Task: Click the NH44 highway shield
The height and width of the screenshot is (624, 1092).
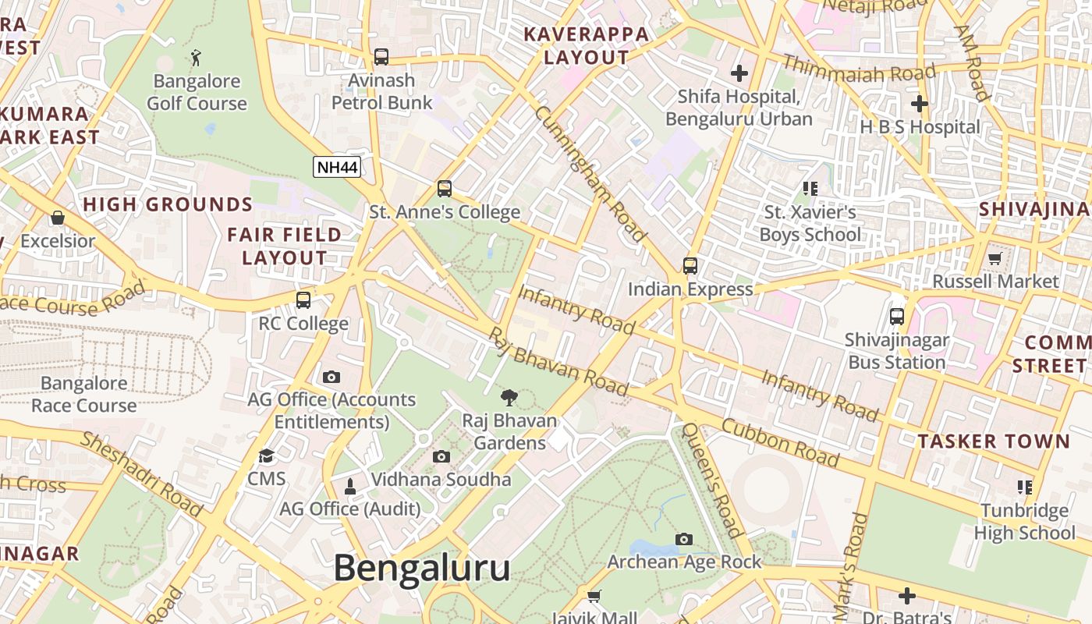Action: coord(337,166)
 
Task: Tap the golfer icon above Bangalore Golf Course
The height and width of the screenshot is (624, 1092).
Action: coord(196,57)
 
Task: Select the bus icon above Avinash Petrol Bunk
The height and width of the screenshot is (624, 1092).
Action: coord(381,56)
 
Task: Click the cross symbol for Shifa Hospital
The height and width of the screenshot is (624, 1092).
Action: coord(739,73)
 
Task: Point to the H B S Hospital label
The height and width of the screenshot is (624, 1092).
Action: coord(920,126)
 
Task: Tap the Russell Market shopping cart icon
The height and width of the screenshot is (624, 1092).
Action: coord(994,258)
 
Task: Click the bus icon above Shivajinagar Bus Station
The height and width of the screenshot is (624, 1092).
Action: coord(897,317)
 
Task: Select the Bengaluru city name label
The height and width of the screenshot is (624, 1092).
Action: coord(422,568)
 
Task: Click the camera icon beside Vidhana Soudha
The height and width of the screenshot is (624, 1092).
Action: coord(441,457)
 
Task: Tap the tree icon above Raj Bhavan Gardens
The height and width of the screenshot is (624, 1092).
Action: coord(509,398)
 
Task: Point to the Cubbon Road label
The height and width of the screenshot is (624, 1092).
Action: coord(779,443)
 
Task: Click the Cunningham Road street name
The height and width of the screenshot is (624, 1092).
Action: coord(590,173)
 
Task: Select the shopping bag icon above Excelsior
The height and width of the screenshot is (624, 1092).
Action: coord(57,218)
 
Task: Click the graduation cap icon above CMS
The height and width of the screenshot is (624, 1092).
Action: coord(267,456)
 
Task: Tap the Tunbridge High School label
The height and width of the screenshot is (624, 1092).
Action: coord(1024,522)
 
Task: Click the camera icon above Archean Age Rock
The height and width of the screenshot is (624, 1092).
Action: coord(684,539)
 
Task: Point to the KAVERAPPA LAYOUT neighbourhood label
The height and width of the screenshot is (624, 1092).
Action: coord(586,45)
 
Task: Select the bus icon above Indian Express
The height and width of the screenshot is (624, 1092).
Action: coord(690,265)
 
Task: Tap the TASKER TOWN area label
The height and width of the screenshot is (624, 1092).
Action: coord(994,441)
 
